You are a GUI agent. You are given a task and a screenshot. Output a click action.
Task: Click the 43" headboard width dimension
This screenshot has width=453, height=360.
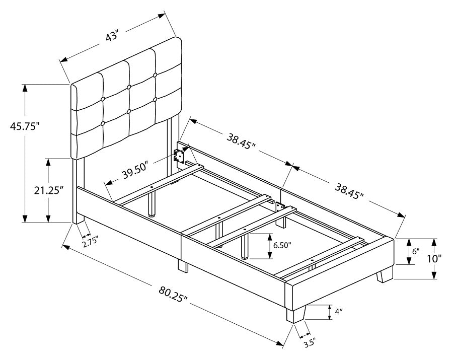pyautogui.click(x=111, y=37)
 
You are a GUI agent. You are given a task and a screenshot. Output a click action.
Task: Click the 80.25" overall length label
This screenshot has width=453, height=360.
pyautogui.click(x=172, y=295)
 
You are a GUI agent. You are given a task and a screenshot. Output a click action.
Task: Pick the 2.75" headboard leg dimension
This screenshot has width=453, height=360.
pyautogui.click(x=89, y=240)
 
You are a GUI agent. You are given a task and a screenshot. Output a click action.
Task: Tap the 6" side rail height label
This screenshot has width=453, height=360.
pyautogui.click(x=415, y=251)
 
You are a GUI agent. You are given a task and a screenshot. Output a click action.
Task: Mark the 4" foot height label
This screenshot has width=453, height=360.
pyautogui.click(x=338, y=312)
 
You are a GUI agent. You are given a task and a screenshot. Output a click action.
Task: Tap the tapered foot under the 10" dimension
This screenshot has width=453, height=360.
pyautogui.click(x=386, y=275)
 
